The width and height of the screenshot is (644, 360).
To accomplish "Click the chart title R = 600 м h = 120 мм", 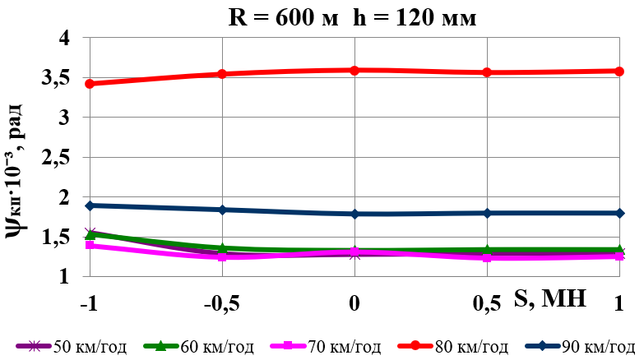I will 352,18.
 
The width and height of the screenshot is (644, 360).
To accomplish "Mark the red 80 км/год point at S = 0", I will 354,71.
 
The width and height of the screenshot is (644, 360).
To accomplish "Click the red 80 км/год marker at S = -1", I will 90,84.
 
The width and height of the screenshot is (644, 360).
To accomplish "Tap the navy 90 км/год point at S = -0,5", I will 222,210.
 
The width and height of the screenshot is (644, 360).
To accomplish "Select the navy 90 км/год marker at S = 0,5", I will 487,213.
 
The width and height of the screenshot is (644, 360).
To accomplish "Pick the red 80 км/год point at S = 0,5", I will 487,72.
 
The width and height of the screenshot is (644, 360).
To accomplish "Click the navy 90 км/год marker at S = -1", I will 90,205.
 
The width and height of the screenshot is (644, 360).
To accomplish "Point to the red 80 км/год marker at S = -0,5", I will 222,74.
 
